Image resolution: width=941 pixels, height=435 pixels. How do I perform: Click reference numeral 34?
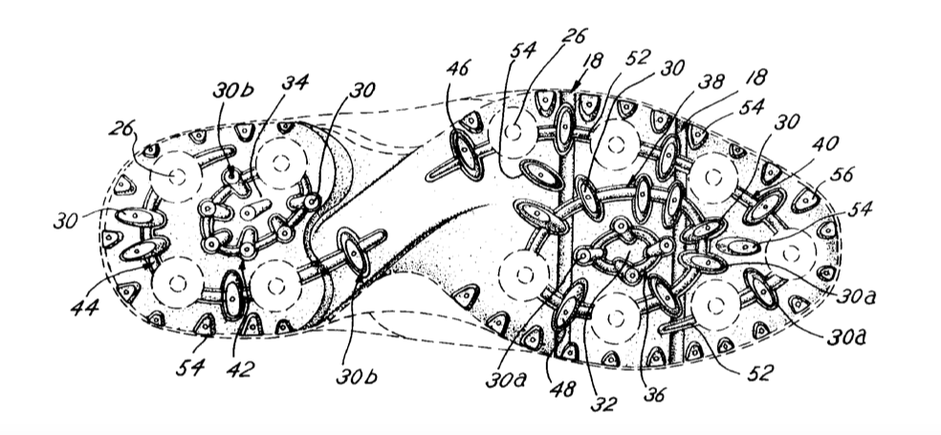pos(295,83)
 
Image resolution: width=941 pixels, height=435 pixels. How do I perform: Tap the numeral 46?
pos(458,67)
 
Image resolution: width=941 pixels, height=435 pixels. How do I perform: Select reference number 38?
pos(711,81)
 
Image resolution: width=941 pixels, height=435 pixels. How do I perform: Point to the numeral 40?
pos(825,144)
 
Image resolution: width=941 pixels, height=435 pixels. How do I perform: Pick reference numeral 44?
pos(84,307)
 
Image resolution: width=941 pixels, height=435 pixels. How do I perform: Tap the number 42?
pos(240,369)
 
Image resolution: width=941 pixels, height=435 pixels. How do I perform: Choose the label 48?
pos(562,389)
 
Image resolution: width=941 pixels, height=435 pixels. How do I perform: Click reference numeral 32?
pos(603,403)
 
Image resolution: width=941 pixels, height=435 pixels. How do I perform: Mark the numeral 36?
pos(654,394)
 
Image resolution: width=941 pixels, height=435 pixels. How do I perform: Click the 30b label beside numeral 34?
pos(232,90)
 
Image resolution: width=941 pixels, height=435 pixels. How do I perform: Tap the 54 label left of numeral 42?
pos(189,367)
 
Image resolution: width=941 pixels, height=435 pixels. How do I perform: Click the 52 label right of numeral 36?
pos(759,373)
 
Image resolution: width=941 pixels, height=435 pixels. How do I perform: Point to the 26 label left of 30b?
pos(121,128)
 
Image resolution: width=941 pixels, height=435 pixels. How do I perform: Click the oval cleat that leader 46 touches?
pos(468,156)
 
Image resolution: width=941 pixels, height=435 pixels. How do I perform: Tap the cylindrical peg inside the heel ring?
pos(256,210)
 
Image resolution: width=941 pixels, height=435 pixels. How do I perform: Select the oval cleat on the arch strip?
pos(354,253)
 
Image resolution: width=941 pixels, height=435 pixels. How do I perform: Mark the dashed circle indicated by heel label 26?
pos(176,177)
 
